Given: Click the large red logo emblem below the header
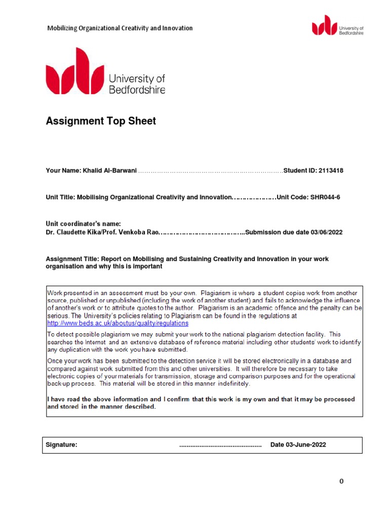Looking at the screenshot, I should point(74,72).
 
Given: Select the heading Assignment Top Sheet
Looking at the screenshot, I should point(101,121).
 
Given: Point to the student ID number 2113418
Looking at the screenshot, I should point(331,171).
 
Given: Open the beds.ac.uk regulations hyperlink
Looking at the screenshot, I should point(118,323).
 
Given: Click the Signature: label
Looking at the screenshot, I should point(61,445).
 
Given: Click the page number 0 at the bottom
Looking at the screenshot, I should point(341,482).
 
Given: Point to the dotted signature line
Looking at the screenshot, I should point(220,446).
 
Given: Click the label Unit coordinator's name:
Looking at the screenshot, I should point(84,224).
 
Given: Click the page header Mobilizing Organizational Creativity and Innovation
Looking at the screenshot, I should point(120,28).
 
